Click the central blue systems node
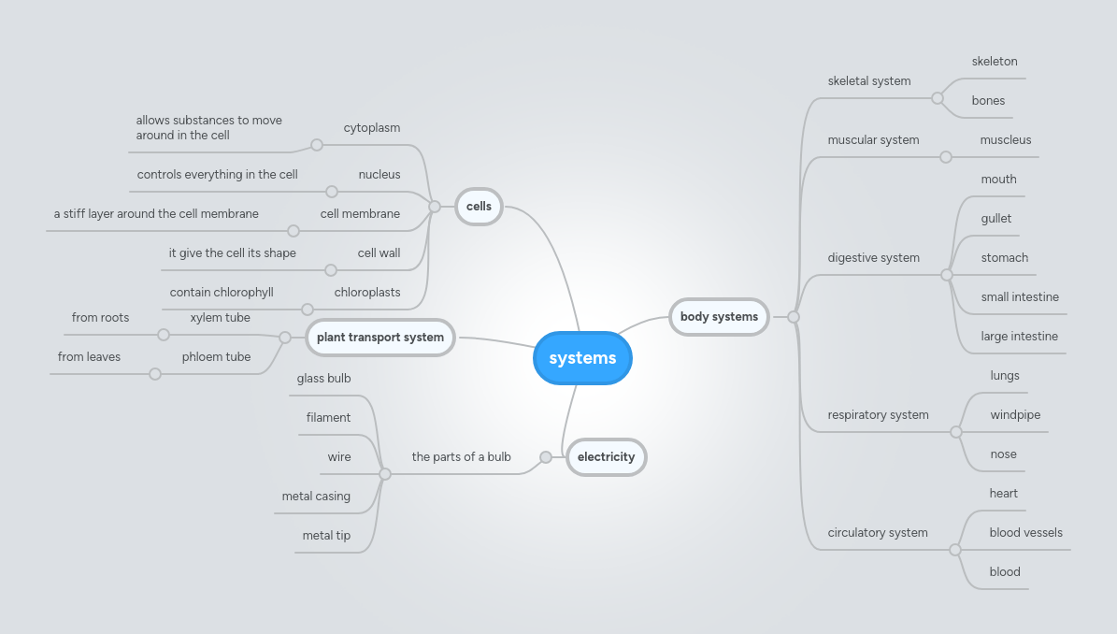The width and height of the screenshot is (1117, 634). point(582,358)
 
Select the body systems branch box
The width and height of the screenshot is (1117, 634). point(719,317)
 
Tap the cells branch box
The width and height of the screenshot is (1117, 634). point(479,207)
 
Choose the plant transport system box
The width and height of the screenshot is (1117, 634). point(380,338)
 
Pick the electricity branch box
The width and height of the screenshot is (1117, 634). point(606,457)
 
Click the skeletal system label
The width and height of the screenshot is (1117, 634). point(868,81)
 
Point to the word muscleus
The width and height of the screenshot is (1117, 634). point(1005,140)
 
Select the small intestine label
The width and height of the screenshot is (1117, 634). point(1019,297)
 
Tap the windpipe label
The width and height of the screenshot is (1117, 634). point(1015,415)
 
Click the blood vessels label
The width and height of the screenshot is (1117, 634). point(1025,533)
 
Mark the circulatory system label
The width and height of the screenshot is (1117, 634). point(877,533)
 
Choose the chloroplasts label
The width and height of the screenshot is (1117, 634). point(367,293)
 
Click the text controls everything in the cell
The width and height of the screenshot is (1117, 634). point(217,175)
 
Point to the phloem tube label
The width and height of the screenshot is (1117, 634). point(216,357)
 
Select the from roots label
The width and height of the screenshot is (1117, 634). point(100,318)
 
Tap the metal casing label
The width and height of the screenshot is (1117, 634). point(316,497)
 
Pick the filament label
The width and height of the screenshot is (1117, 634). point(328,418)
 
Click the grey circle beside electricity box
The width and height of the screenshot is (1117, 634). point(546,457)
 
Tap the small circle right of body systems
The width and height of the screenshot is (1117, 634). point(794,317)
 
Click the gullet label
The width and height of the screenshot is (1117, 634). point(995,219)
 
